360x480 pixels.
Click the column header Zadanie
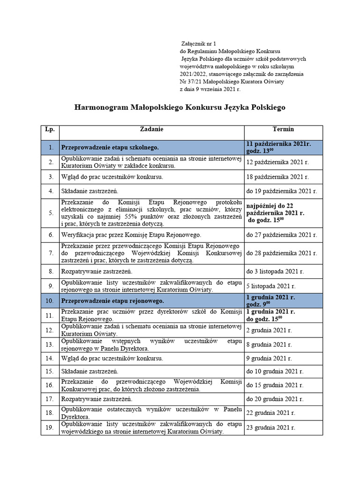point(151,129)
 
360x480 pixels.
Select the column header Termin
point(283,129)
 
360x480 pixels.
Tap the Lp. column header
point(50,129)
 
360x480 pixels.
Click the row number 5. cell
point(50,212)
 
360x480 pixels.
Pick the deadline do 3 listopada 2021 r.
point(275,271)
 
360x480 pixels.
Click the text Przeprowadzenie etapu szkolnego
point(110,148)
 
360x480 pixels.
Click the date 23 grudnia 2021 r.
point(270,428)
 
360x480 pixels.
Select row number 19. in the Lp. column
point(50,428)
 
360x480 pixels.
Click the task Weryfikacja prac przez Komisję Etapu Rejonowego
point(131,234)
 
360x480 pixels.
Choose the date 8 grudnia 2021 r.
point(269,345)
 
